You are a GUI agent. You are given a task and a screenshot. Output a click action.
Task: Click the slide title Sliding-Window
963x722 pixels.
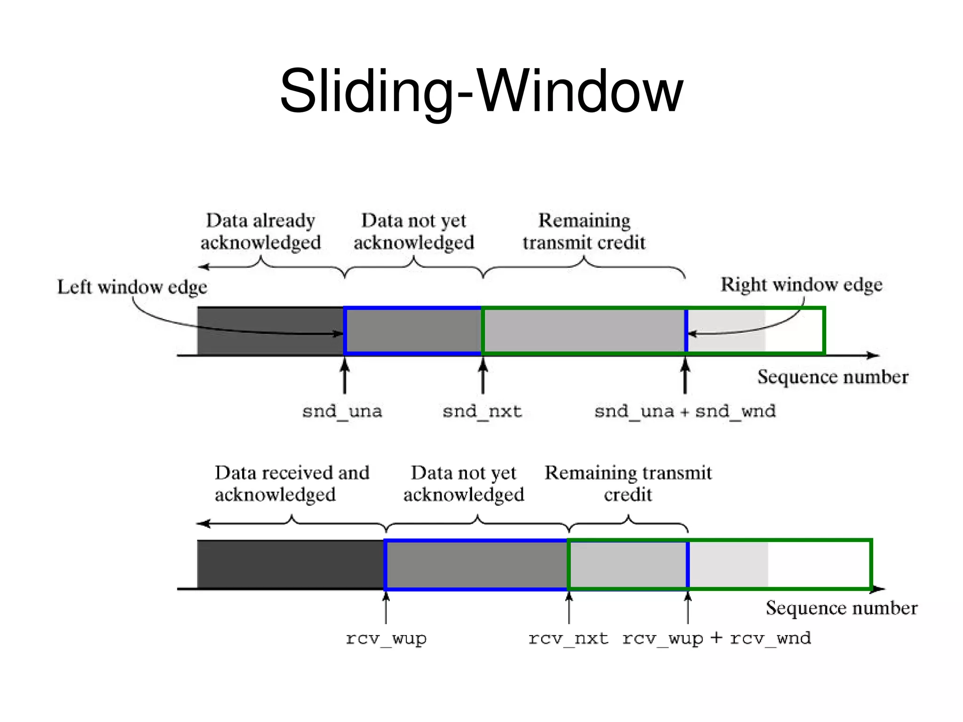point(481,91)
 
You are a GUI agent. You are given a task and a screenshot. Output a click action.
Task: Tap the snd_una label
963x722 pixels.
point(342,411)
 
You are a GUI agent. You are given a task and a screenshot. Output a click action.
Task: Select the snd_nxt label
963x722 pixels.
point(482,411)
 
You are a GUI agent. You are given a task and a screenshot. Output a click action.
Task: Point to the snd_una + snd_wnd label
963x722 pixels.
point(685,411)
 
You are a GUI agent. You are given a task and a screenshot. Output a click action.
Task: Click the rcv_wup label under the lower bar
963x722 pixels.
point(386,638)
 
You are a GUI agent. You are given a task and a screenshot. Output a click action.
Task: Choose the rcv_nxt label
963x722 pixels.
point(568,638)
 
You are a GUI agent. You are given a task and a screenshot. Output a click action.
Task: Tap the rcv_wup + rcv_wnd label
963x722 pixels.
point(717,638)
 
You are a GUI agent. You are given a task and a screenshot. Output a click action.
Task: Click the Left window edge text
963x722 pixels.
point(132,287)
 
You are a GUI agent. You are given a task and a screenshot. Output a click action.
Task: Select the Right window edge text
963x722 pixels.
point(801,284)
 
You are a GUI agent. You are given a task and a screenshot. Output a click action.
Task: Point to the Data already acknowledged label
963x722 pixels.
point(260,231)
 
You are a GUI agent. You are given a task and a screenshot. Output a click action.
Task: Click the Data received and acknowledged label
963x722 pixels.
point(292,483)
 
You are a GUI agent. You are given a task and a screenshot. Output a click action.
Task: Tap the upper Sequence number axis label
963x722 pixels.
point(833,377)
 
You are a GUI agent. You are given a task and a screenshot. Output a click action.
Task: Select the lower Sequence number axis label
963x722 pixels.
point(841,608)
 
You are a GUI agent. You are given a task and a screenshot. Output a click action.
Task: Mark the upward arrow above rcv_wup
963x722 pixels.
point(386,607)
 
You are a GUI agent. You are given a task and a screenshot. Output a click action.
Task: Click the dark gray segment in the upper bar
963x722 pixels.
point(270,330)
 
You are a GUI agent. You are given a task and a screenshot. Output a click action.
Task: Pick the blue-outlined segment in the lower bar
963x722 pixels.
point(476,565)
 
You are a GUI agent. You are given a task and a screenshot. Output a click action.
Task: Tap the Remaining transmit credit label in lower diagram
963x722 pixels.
point(628,483)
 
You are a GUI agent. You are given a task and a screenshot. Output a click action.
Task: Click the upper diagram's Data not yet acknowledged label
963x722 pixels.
point(414,231)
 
